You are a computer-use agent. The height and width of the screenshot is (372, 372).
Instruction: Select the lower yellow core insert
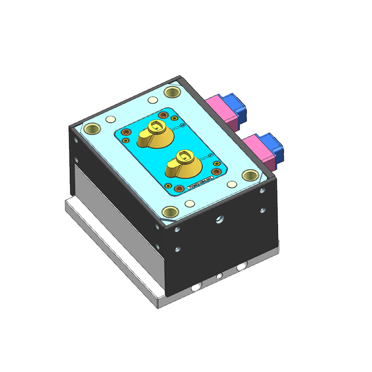pyautogui.click(x=182, y=166)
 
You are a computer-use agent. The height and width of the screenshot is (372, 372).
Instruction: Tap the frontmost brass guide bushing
pyautogui.click(x=170, y=211)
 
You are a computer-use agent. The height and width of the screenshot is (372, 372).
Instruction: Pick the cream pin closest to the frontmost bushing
pyautogui.click(x=188, y=203)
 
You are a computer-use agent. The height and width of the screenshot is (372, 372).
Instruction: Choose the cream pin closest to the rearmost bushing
pyautogui.click(x=152, y=99)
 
